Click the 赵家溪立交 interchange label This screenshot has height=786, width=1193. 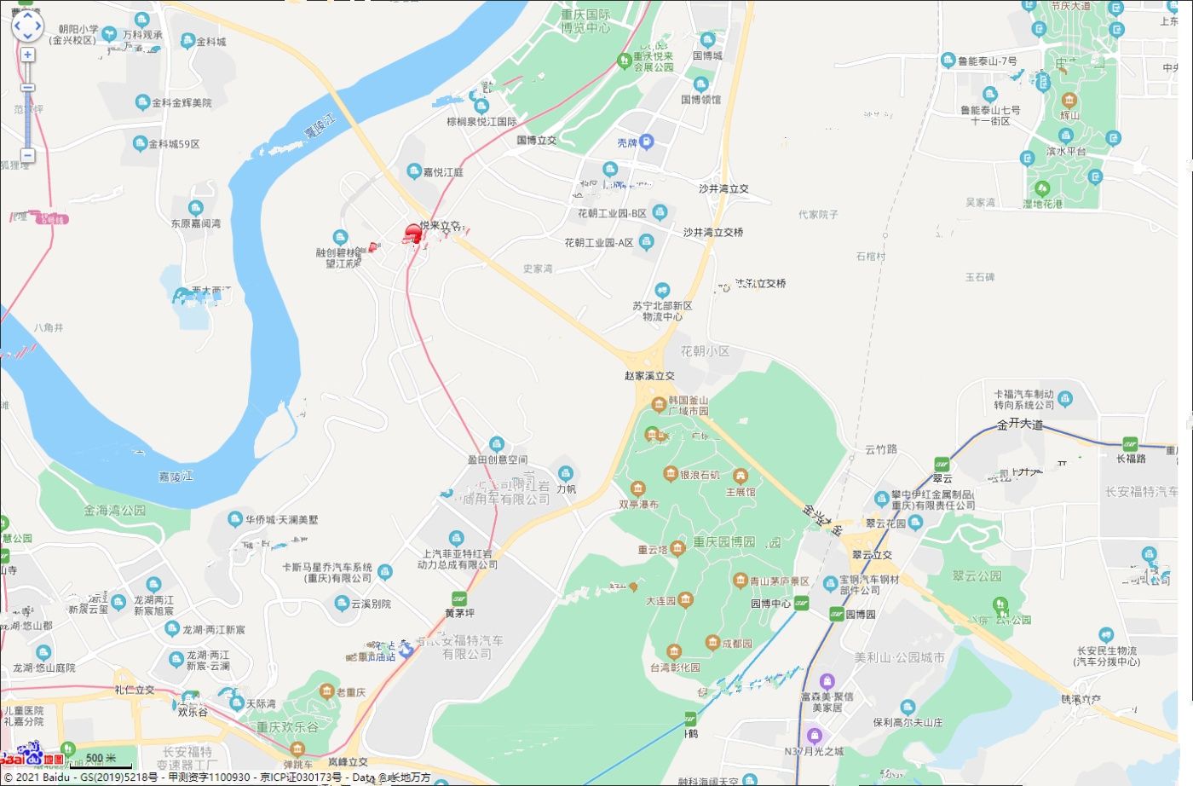pyautogui.click(x=649, y=375)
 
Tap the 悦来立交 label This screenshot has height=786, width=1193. pyautogui.click(x=441, y=226)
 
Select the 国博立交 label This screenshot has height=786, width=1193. pyautogui.click(x=536, y=140)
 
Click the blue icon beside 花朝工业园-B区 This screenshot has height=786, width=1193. pyautogui.click(x=660, y=211)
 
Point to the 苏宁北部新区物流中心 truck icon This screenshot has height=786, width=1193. pyautogui.click(x=662, y=291)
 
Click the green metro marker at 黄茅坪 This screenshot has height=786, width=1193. pyautogui.click(x=459, y=598)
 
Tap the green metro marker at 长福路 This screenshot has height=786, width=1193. pyautogui.click(x=1130, y=444)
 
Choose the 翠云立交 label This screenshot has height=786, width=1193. pyautogui.click(x=872, y=555)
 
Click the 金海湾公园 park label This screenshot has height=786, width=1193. pyautogui.click(x=114, y=510)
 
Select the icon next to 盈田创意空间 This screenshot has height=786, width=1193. pyautogui.click(x=497, y=444)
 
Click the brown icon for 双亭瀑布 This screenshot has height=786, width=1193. pyautogui.click(x=637, y=489)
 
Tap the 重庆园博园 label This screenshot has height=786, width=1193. pyautogui.click(x=723, y=541)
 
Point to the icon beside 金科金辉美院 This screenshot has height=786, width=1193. pyautogui.click(x=142, y=102)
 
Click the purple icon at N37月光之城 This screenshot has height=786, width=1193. pyautogui.click(x=814, y=736)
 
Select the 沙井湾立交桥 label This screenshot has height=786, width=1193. pyautogui.click(x=713, y=232)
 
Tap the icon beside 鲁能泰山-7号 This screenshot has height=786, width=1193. pyautogui.click(x=948, y=61)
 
